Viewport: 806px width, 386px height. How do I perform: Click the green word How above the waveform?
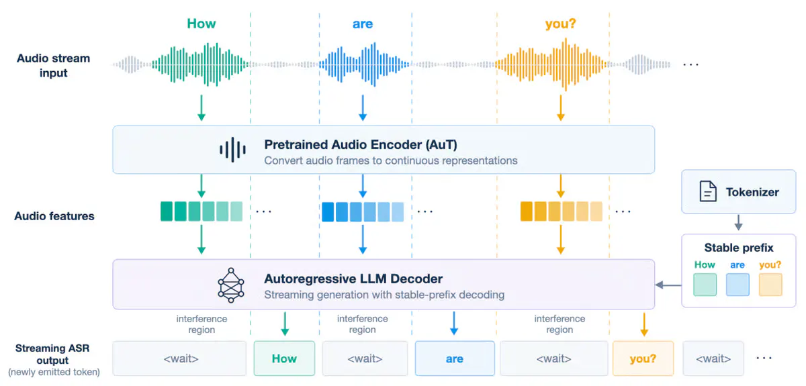coord(201,23)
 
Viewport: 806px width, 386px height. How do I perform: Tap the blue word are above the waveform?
coord(362,24)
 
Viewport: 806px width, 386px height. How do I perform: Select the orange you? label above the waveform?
coord(560,24)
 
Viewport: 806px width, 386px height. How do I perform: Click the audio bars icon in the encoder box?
coord(232,149)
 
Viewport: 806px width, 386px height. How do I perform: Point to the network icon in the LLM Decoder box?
coord(231,285)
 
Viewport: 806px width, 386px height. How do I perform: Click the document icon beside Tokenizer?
coord(707,191)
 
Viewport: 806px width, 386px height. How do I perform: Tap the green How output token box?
coord(284,358)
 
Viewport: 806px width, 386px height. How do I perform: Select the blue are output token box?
coord(455,358)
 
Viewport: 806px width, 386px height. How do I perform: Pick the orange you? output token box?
coord(643,358)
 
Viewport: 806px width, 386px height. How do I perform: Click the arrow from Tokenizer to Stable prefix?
coord(738,223)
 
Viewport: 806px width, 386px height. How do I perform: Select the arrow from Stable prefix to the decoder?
coord(668,285)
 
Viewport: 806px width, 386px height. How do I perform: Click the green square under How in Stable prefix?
coord(705,285)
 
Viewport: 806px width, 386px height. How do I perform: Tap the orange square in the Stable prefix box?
coord(770,285)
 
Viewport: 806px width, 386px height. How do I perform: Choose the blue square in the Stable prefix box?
coord(737,285)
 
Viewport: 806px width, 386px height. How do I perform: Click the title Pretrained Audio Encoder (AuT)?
coord(361,144)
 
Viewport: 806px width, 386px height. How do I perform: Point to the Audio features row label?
coord(54,216)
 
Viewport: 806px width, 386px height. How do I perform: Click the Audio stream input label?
coord(54,66)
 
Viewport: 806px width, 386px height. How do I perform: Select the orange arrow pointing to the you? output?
coord(644,324)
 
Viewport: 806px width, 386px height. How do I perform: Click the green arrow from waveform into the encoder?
coord(201,108)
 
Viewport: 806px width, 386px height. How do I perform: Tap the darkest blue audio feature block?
coord(328,211)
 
